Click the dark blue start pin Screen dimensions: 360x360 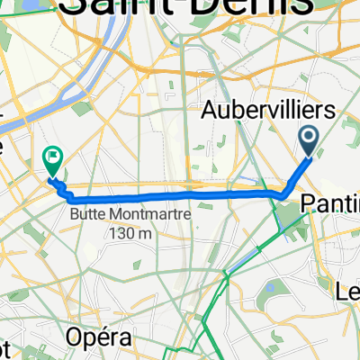[309, 140]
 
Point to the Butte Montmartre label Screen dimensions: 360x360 [107, 216]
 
